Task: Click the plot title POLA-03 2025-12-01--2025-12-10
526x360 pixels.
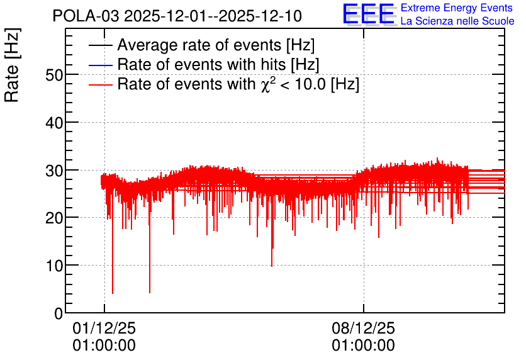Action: coord(177,16)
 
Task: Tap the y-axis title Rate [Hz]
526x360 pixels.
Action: coord(12,65)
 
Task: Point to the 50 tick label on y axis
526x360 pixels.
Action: coord(54,75)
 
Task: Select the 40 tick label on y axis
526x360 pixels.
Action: coord(54,123)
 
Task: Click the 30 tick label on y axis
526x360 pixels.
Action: coord(54,171)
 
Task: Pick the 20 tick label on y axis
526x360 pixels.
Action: coord(54,218)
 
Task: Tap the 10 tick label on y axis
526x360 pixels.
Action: coord(54,266)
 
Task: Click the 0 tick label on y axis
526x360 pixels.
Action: coord(59,313)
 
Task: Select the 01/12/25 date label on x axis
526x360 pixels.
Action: coord(104,328)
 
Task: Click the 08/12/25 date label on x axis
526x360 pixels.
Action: coord(363,328)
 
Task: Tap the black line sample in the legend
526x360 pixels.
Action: coord(100,45)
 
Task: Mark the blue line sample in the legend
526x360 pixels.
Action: coord(100,65)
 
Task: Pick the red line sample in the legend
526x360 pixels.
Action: coord(100,84)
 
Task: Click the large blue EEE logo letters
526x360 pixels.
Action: coord(369,14)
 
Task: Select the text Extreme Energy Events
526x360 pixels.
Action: coord(457,8)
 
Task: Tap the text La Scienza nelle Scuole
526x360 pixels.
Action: coord(457,21)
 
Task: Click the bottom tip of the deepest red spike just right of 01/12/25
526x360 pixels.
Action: coord(113,293)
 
